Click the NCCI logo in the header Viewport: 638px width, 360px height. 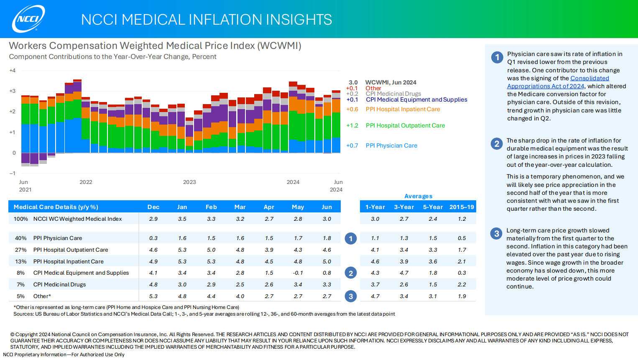tap(28, 19)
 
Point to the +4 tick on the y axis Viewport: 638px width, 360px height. tap(13, 71)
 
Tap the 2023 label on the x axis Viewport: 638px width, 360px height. tap(189, 182)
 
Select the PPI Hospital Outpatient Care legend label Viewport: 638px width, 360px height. tap(405, 125)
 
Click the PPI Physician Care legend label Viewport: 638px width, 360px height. tap(391, 146)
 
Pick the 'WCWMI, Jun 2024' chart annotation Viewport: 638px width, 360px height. tap(390, 82)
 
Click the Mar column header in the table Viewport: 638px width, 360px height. tap(240, 207)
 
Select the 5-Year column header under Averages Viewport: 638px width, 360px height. tap(433, 207)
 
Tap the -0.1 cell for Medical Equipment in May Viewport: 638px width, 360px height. tap(298, 273)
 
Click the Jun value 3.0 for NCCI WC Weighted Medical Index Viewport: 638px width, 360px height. tap(327, 219)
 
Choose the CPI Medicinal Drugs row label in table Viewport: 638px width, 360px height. tap(59, 285)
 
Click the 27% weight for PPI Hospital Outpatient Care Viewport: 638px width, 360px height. tap(21, 250)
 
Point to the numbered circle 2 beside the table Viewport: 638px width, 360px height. tap(351, 273)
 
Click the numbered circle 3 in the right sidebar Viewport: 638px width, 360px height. tap(496, 234)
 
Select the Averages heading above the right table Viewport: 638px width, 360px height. tap(418, 196)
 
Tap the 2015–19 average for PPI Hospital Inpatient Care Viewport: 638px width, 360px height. tap(462, 262)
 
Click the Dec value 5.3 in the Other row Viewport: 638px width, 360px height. tap(153, 296)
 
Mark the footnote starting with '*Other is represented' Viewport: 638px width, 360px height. tap(126, 307)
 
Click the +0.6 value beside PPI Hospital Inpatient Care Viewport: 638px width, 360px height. tap(352, 110)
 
